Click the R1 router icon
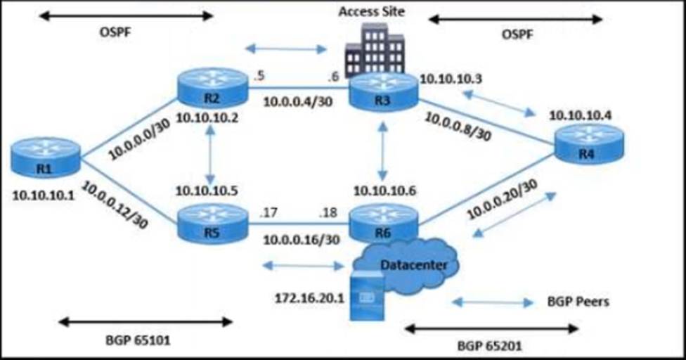(46, 157)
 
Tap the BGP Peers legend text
(578, 302)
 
